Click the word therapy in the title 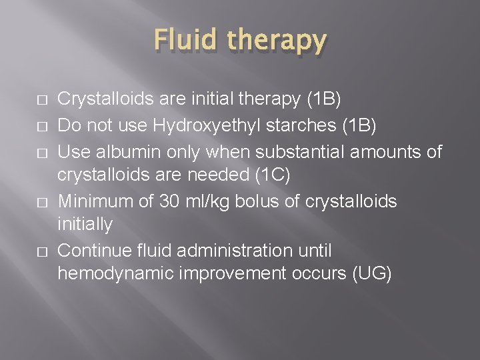(275, 41)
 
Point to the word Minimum (97, 202)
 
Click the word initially (85, 224)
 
